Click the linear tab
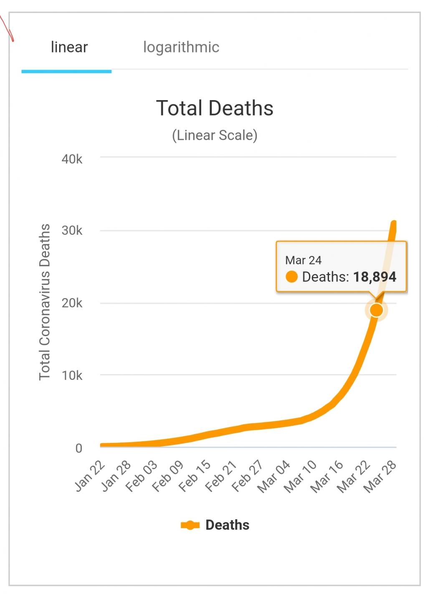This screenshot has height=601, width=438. click(69, 47)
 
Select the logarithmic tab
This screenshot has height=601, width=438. click(181, 47)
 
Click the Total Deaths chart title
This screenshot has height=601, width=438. click(215, 108)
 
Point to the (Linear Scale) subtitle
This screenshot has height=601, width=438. click(215, 135)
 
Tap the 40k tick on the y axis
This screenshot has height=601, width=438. click(72, 159)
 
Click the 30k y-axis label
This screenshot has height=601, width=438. click(72, 231)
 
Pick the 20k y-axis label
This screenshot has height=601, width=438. click(72, 303)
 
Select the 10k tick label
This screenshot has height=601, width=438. click(72, 375)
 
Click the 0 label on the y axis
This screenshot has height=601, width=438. click(78, 448)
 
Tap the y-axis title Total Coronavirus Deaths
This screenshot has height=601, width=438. click(45, 302)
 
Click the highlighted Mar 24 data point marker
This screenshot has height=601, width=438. click(376, 310)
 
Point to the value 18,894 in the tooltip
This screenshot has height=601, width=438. click(375, 277)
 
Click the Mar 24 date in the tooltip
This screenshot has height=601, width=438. click(303, 260)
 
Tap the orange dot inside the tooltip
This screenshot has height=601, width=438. click(291, 277)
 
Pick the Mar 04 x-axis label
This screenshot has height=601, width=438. click(274, 477)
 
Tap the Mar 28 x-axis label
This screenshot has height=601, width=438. click(380, 477)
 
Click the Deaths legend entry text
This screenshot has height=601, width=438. click(227, 525)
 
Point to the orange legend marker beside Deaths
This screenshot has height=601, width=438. click(190, 525)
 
